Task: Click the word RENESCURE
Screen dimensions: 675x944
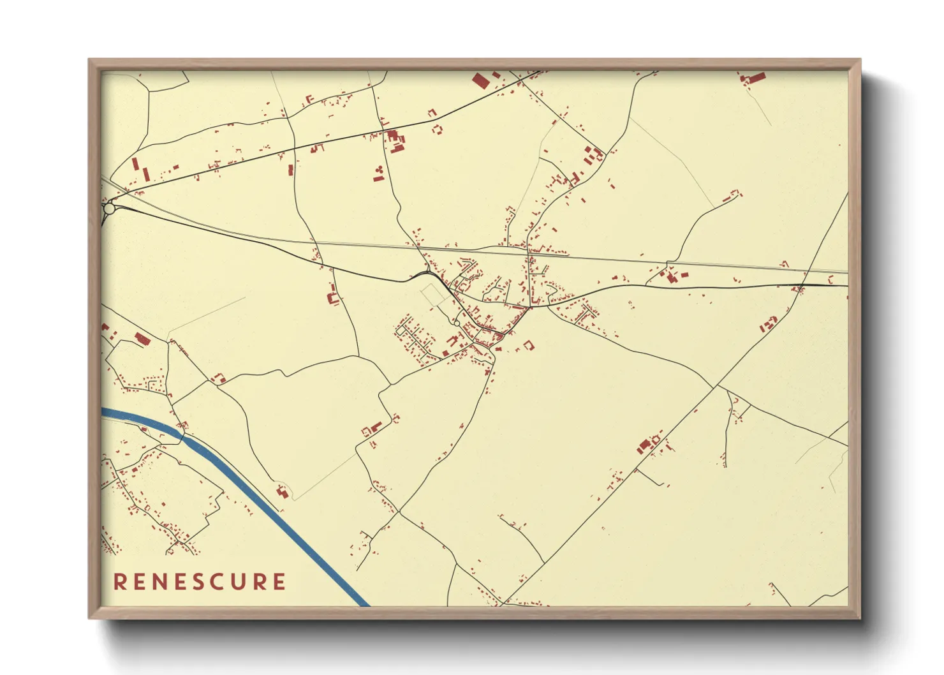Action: [x=200, y=582]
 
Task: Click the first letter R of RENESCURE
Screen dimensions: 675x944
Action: [x=119, y=582]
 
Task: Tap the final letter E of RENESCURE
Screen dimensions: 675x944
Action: [x=279, y=582]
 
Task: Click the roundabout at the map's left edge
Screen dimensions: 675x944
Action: [x=109, y=208]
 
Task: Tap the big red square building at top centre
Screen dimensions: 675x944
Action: [x=480, y=80]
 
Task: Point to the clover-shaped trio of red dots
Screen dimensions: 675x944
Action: [x=379, y=170]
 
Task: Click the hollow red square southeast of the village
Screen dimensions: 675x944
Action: [x=528, y=345]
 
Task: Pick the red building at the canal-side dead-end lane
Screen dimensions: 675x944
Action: [x=281, y=491]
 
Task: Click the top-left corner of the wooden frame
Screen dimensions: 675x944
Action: [x=90, y=60]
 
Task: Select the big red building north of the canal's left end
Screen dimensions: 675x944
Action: [x=142, y=339]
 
